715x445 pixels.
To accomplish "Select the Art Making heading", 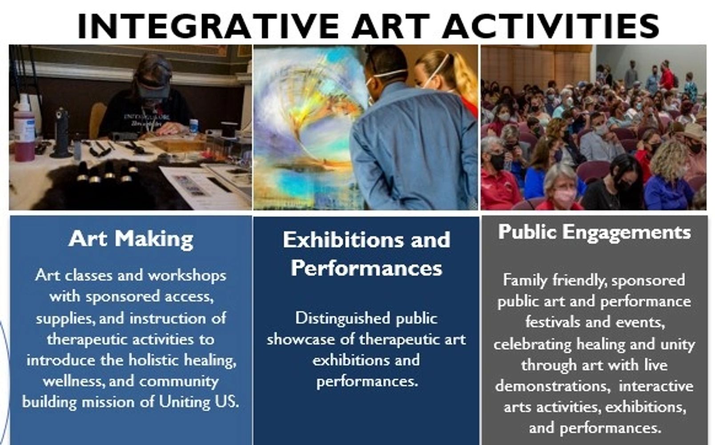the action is [x=131, y=239].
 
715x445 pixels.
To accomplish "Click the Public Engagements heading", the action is [x=594, y=232].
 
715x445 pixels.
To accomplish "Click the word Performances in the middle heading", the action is [x=366, y=268].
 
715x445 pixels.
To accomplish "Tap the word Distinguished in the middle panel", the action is [x=343, y=319].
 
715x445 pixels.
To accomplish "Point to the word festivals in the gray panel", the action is [x=553, y=322].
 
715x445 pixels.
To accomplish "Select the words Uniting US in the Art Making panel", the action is [x=199, y=402].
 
